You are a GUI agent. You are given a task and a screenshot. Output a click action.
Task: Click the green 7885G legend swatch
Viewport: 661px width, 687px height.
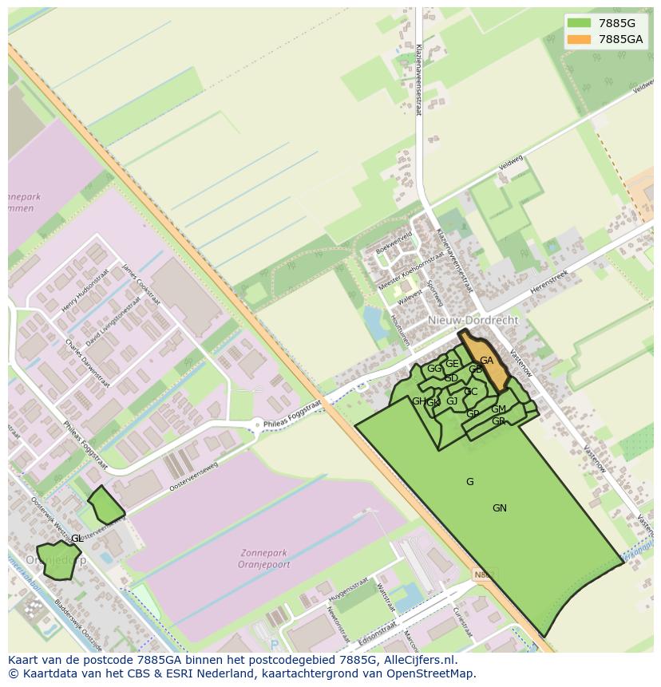[x=580, y=23]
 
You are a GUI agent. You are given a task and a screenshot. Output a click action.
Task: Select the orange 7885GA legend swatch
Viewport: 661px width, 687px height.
[x=580, y=39]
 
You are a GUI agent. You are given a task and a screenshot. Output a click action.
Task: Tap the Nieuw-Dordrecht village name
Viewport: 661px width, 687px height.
[x=473, y=320]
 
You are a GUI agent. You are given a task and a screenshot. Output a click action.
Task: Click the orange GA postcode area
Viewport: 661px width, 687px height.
[x=485, y=361]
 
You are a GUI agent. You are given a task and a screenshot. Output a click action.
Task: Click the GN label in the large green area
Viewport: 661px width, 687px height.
[x=500, y=508]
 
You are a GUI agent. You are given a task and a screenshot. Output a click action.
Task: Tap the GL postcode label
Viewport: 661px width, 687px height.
[x=77, y=539]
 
